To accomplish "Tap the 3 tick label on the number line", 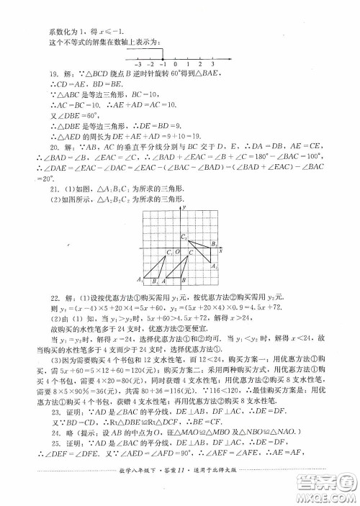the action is pos(212,65).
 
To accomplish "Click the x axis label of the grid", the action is pos(221,250).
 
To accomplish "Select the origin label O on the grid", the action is pos(176,252).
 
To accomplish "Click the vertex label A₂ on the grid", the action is pos(214,266).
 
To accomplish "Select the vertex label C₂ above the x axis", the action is pos(183,237).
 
